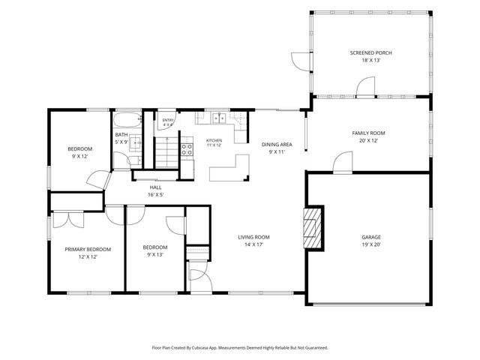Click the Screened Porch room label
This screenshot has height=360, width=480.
pos(370,53)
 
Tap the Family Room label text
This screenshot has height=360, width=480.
pos(368,133)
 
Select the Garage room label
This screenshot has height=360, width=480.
pos(371,237)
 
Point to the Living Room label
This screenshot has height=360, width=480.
pos(253,237)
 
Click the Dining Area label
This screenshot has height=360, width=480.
pos(277,145)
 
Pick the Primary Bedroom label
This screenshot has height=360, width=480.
pos(88,250)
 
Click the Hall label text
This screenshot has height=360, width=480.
pos(155,187)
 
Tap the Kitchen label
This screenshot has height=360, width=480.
pos(214,140)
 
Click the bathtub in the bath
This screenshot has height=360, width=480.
pos(127,120)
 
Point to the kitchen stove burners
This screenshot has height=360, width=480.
pos(187,150)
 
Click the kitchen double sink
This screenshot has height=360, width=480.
pos(220,118)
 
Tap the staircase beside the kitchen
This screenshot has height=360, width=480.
pos(166,152)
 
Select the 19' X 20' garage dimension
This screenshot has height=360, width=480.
pos(371,244)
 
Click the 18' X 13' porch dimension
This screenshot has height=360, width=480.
pos(370,60)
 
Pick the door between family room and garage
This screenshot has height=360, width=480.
pos(343,163)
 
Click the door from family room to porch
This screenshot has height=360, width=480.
pos(365,87)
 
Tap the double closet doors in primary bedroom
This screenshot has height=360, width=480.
pos(68,220)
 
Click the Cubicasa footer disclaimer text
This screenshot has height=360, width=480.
pos(240,348)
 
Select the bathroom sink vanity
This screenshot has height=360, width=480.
pos(135,143)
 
